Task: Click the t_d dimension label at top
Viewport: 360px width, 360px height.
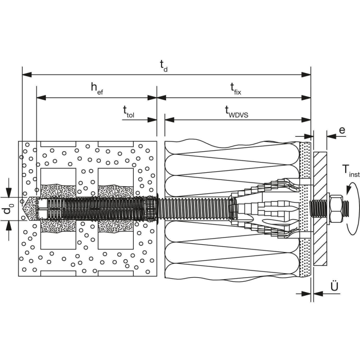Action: [x=164, y=65]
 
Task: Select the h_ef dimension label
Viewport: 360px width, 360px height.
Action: [x=97, y=88]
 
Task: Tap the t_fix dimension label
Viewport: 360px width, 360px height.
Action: [x=236, y=89]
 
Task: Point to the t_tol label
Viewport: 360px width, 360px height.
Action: [x=129, y=112]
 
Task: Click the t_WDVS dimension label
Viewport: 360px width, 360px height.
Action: [x=237, y=112]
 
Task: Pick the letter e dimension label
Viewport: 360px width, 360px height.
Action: [x=342, y=130]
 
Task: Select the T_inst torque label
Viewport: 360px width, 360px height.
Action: [x=351, y=171]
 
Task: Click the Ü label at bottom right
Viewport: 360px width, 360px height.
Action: [x=334, y=286]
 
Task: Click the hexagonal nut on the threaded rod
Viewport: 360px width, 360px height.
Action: [x=336, y=209]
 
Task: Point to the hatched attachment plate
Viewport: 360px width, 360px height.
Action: [x=320, y=208]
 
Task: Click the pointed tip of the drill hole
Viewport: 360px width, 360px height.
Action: [x=23, y=209]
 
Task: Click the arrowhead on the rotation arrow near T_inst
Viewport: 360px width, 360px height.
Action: [x=349, y=189]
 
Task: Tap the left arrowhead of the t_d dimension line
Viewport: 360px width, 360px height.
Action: [x=27, y=75]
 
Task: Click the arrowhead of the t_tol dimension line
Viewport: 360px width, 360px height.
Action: [x=152, y=120]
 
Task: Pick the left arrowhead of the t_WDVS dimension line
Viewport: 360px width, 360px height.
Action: [x=169, y=120]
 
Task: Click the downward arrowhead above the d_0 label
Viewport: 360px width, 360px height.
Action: [x=9, y=192]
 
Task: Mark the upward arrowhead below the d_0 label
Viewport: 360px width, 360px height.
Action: [x=9, y=225]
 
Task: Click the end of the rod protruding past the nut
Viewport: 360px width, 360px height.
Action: [x=348, y=208]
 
